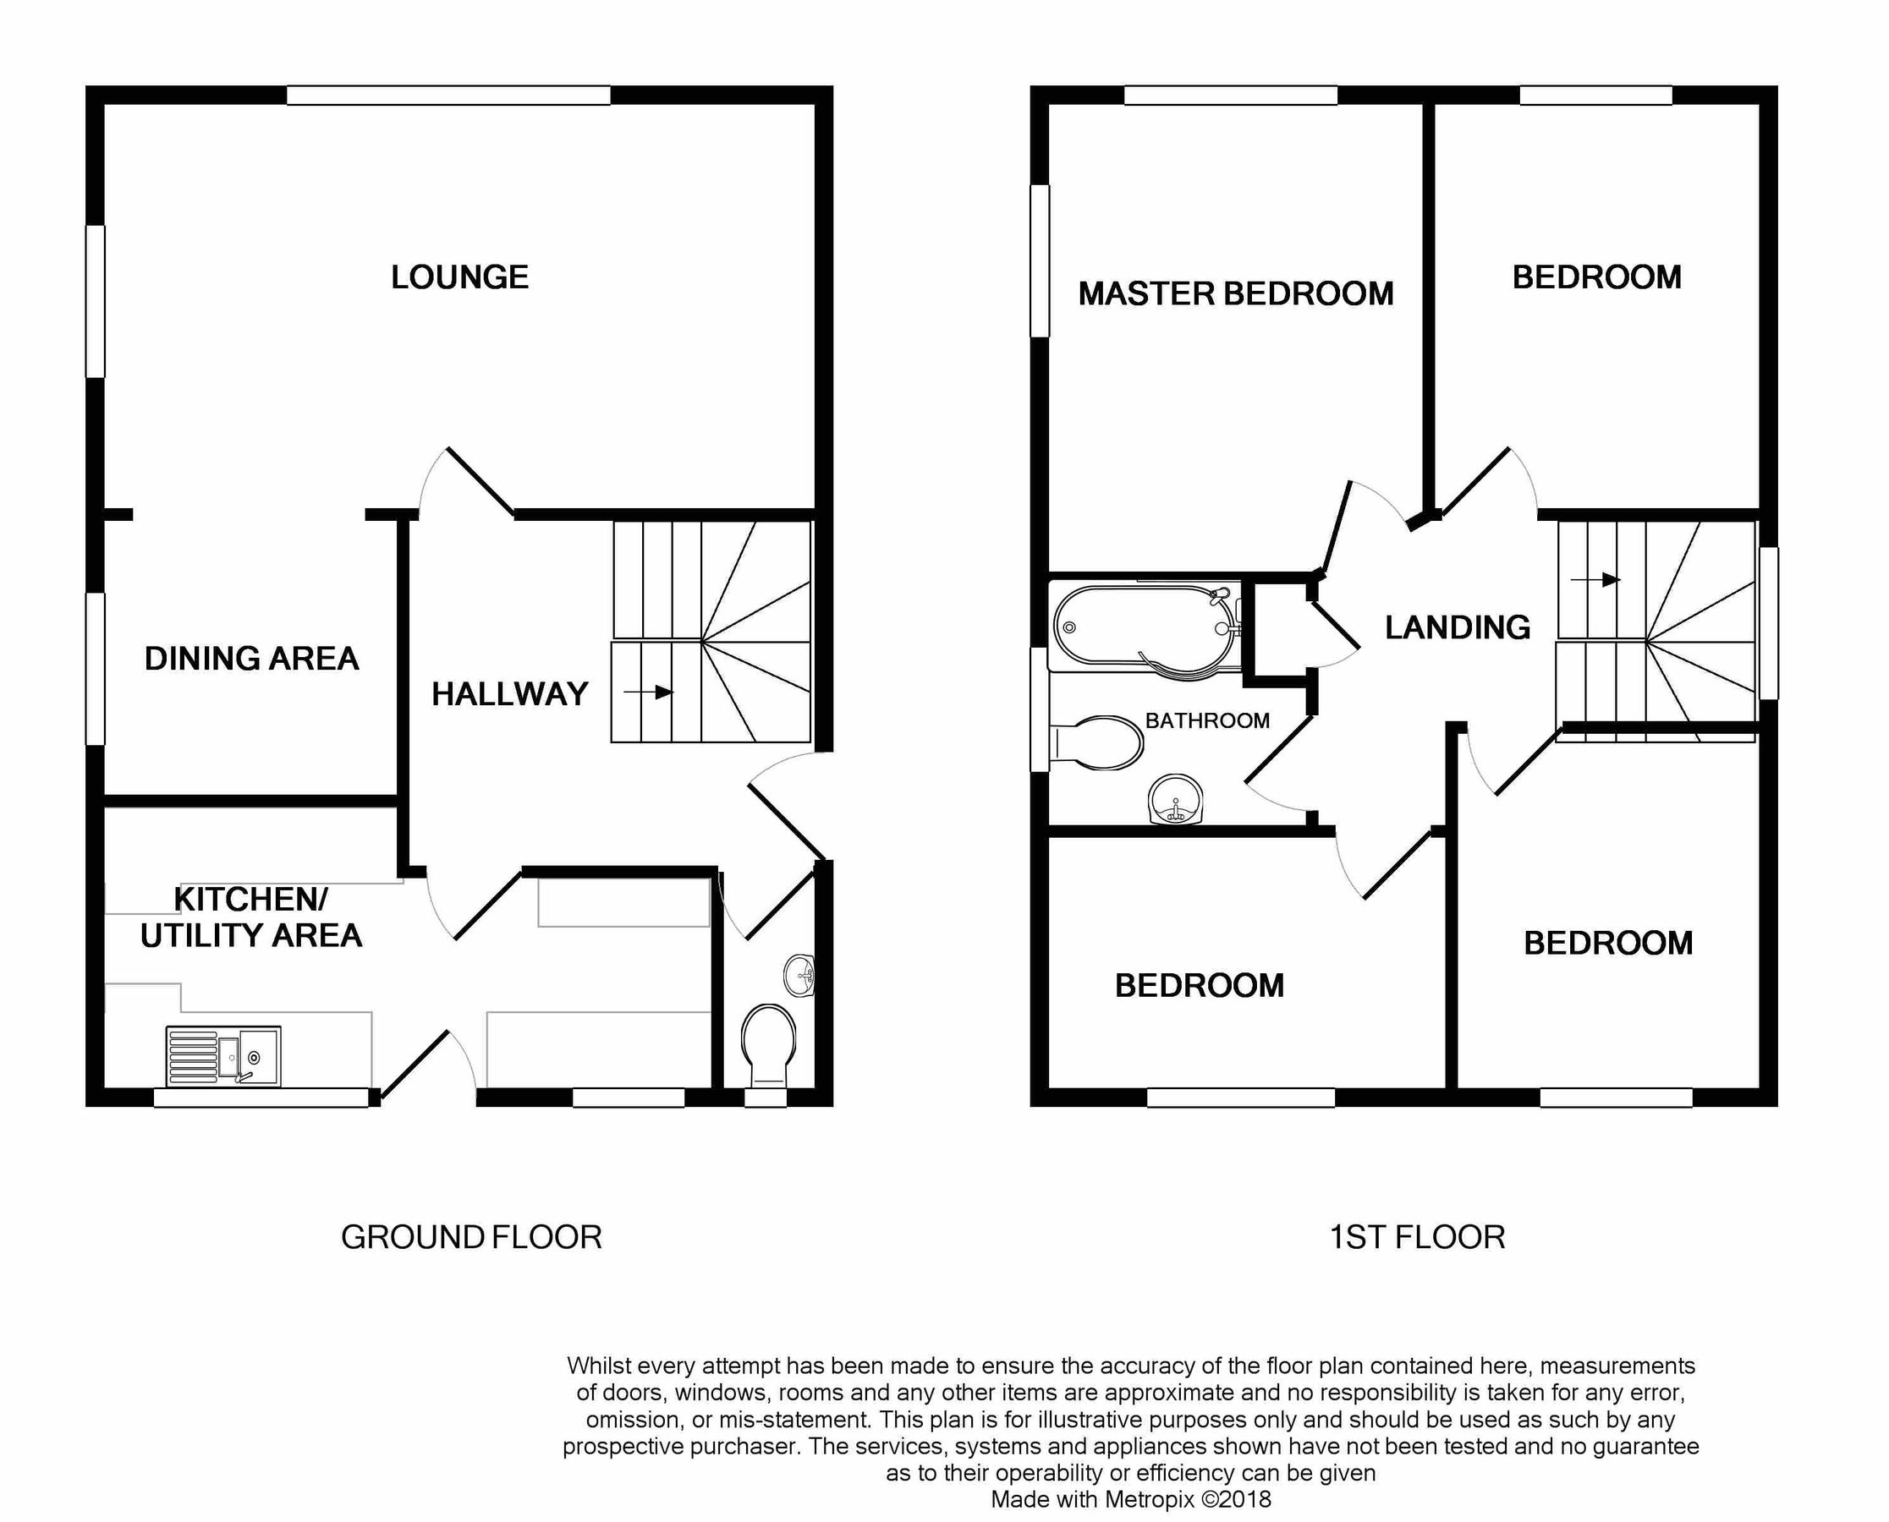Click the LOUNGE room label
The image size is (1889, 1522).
459,277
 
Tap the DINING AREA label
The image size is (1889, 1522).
252,659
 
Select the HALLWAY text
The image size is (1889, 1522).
509,694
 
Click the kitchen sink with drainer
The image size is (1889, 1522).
223,1056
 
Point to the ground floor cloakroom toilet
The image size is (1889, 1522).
768,1043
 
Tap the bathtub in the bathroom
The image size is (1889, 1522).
1145,627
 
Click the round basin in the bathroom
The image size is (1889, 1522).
1175,799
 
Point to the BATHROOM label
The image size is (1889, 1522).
1208,720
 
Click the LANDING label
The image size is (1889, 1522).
1458,627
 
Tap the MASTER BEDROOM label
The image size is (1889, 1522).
1236,293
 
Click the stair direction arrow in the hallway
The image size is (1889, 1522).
648,693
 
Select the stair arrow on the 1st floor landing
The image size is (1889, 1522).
1595,579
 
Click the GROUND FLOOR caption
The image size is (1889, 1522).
471,1237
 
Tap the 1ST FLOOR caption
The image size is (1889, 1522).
1417,1237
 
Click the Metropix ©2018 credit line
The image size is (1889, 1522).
1130,1500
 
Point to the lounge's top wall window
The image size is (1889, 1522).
448,96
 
